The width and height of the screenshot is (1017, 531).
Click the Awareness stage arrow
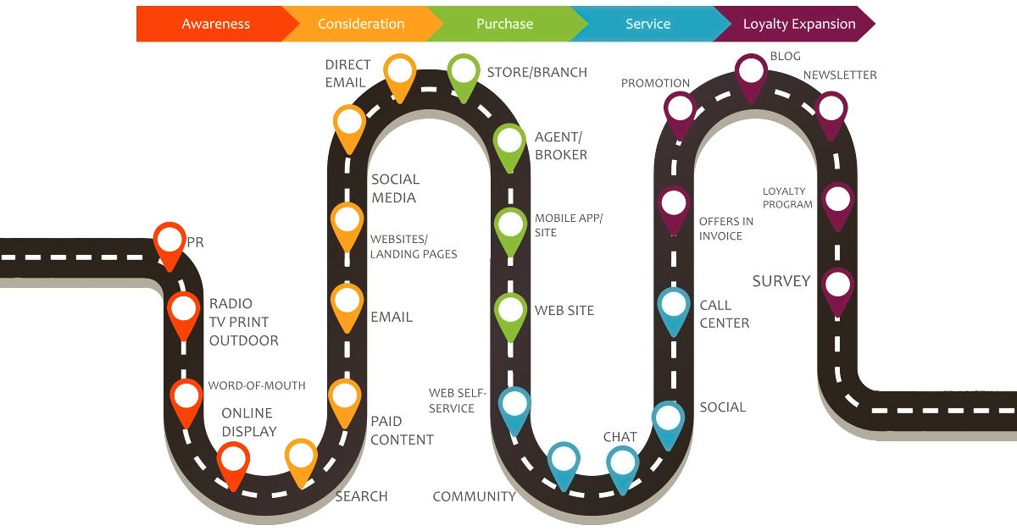pyautogui.click(x=215, y=24)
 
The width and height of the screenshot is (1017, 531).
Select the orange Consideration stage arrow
pyautogui.click(x=361, y=24)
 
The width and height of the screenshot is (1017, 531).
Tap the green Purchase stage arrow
pyautogui.click(x=505, y=24)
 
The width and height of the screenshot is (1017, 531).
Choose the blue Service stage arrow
pyautogui.click(x=647, y=24)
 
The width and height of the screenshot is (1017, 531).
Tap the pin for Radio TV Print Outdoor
pyautogui.click(x=183, y=313)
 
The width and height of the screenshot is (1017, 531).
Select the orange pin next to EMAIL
pyautogui.click(x=347, y=305)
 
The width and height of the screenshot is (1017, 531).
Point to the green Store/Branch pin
pyautogui.click(x=464, y=75)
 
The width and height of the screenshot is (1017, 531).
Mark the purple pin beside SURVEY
pyautogui.click(x=837, y=290)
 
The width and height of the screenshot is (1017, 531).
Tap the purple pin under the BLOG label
pyautogui.click(x=752, y=75)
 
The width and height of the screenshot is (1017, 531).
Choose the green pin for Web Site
pyautogui.click(x=510, y=314)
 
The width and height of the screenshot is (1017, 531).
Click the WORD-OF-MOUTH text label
pyautogui.click(x=257, y=385)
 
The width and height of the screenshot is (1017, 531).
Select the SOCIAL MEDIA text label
pyautogui.click(x=395, y=188)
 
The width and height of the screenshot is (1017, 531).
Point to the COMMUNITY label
pyautogui.click(x=474, y=496)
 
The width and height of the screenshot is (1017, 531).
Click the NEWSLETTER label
pyautogui.click(x=840, y=75)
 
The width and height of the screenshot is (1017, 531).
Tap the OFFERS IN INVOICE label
pyautogui.click(x=726, y=229)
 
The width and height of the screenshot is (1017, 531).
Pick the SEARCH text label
pyautogui.click(x=361, y=496)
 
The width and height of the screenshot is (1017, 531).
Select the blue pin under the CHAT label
pyautogui.click(x=623, y=467)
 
